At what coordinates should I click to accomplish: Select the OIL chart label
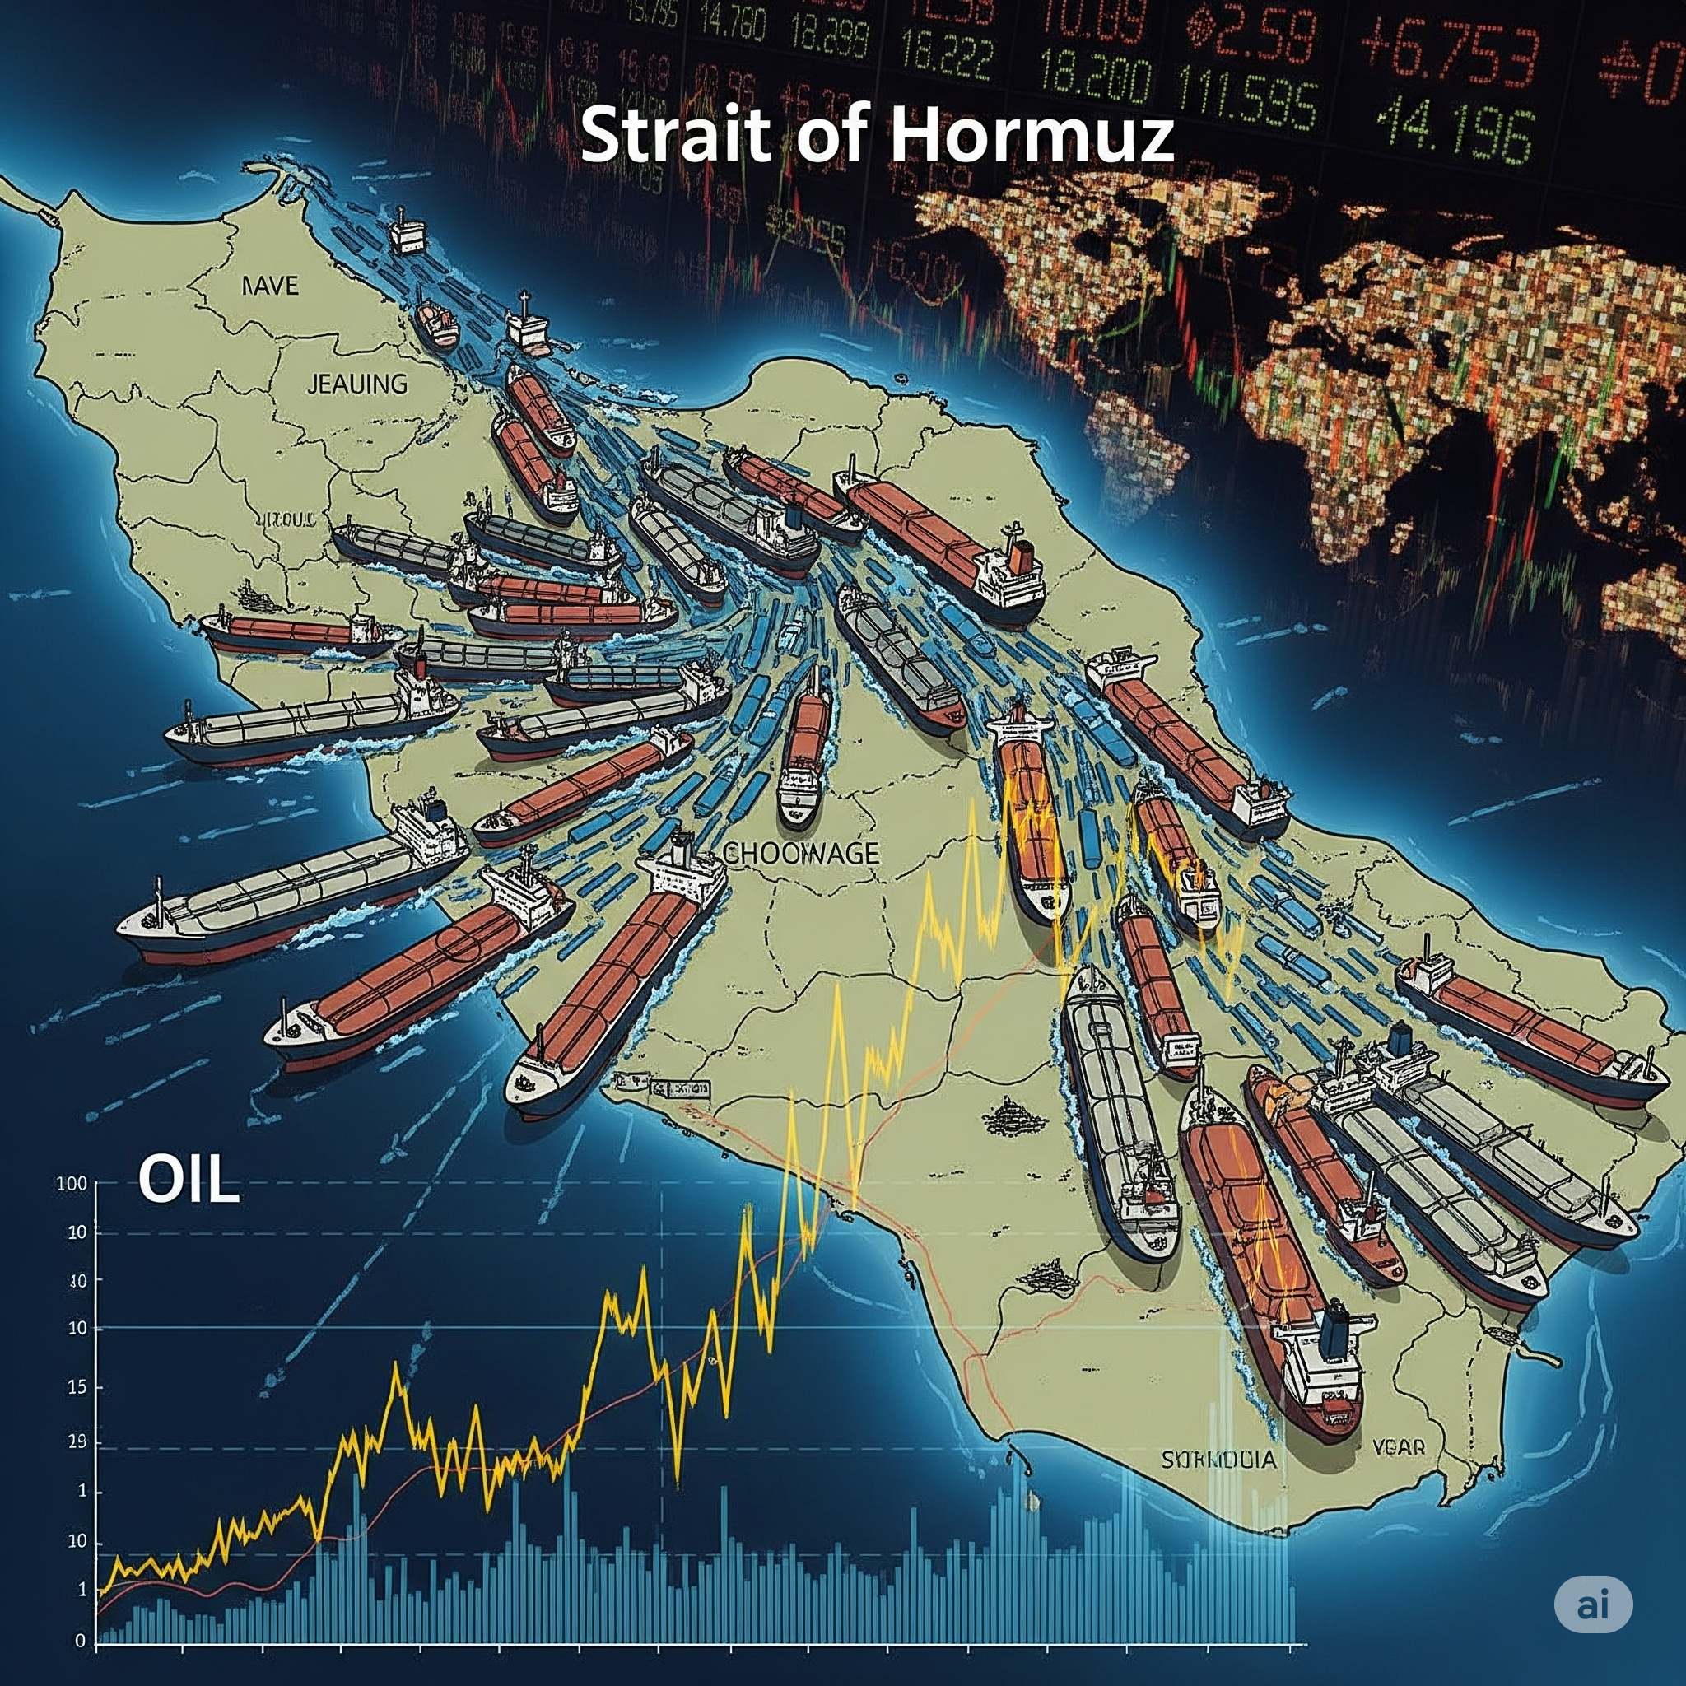click(x=188, y=1181)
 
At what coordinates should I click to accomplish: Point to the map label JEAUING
click(x=357, y=384)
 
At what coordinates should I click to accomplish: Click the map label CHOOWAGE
click(x=800, y=853)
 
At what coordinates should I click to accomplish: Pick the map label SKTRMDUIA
click(x=1218, y=1459)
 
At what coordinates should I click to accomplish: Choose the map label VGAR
click(x=1398, y=1447)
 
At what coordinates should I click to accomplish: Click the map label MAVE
click(x=270, y=286)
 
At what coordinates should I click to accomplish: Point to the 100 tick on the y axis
click(x=72, y=1184)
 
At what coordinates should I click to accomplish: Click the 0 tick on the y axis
click(x=82, y=1641)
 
